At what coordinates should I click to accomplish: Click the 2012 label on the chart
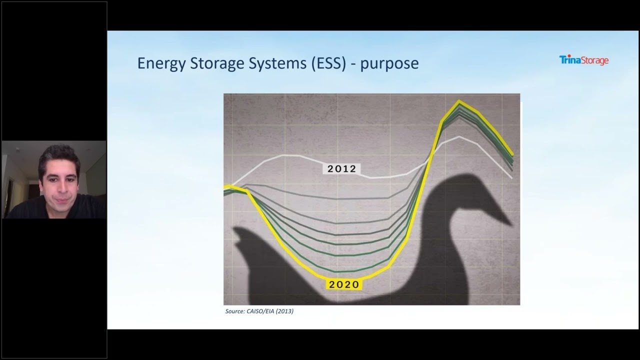pos(342,169)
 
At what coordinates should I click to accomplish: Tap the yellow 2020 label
pos(344,284)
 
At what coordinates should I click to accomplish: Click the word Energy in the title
pos(161,63)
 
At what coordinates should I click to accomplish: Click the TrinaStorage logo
pos(583,60)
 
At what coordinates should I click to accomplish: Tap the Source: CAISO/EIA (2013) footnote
pos(259,311)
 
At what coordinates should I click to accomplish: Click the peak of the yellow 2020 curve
pos(459,102)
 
